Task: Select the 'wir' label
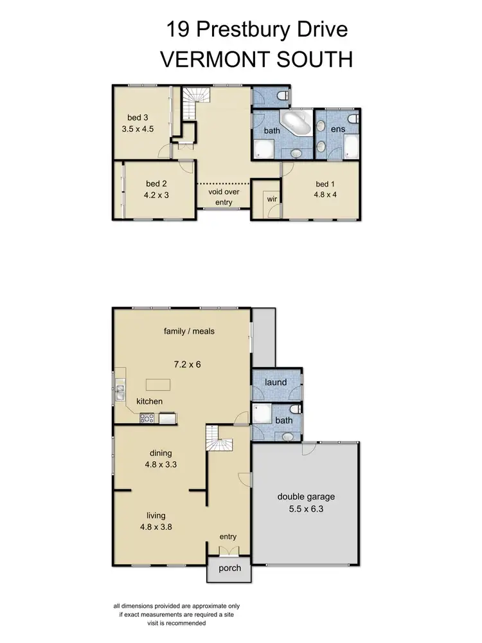point(271,199)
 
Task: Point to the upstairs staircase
point(193,103)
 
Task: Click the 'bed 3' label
point(138,117)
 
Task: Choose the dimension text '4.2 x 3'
point(157,195)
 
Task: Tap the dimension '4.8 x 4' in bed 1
point(325,195)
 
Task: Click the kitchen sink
point(120,391)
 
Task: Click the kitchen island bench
point(158,385)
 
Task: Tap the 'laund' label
point(276,383)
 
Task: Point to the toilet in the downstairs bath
point(296,409)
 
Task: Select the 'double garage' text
point(306,496)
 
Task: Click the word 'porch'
point(230,568)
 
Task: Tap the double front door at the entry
point(229,550)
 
